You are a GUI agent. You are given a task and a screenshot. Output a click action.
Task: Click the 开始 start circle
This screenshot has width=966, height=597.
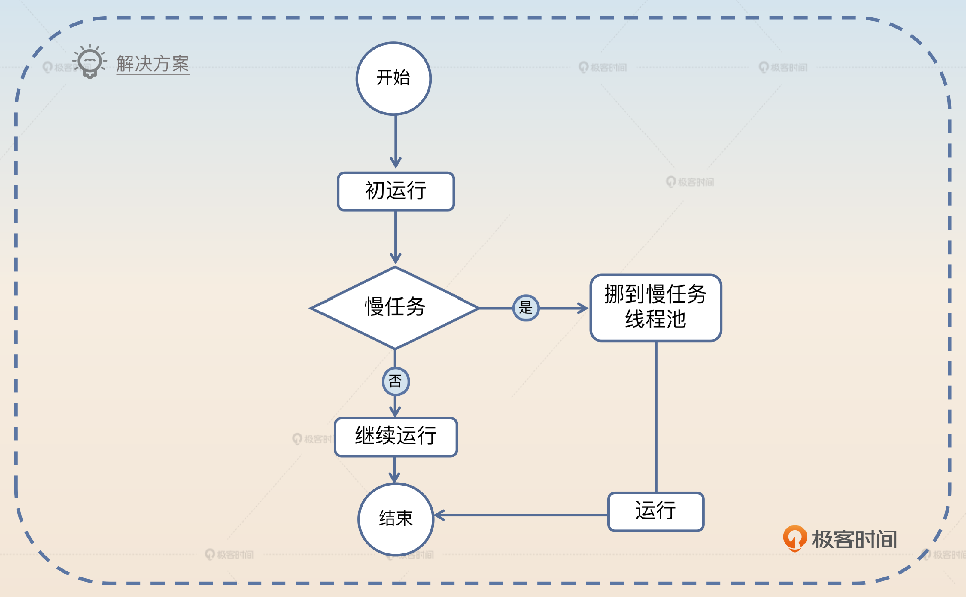[393, 79]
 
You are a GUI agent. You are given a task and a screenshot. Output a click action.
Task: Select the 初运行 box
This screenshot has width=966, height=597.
[395, 191]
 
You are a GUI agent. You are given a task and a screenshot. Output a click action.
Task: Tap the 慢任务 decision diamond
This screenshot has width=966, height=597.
[395, 307]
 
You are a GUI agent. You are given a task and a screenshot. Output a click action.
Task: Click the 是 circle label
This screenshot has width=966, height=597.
[526, 308]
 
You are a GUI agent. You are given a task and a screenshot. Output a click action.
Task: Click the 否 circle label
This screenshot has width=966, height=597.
[395, 381]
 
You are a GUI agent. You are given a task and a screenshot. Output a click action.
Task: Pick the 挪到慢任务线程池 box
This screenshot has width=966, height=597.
[656, 308]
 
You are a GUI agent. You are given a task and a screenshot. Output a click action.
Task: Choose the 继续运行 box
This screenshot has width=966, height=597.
[395, 436]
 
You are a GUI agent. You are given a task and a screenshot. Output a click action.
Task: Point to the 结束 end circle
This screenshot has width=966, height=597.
[395, 519]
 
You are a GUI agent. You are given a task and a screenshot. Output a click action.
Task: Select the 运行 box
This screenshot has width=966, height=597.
[656, 511]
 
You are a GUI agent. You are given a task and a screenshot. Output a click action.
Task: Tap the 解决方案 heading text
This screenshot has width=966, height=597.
[152, 64]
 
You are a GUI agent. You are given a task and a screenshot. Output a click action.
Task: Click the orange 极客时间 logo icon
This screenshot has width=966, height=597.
[794, 538]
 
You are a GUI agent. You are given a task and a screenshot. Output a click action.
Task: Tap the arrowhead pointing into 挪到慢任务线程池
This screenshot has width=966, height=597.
[583, 308]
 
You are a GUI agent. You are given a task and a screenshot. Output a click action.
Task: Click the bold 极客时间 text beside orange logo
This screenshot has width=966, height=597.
[854, 539]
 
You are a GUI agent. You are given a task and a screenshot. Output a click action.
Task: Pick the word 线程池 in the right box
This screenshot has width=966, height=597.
[656, 319]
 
